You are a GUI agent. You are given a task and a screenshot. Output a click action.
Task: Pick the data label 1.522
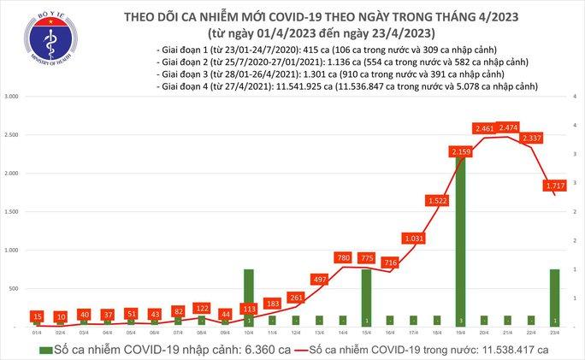point(436,200)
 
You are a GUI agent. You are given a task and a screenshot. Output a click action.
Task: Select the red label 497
point(318,278)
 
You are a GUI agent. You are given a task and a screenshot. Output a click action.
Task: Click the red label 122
point(201,307)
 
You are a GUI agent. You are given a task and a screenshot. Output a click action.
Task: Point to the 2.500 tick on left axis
point(14,135)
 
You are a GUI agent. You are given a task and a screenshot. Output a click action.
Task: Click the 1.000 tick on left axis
point(14,250)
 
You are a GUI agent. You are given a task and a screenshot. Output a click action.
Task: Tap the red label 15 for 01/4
point(38,316)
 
